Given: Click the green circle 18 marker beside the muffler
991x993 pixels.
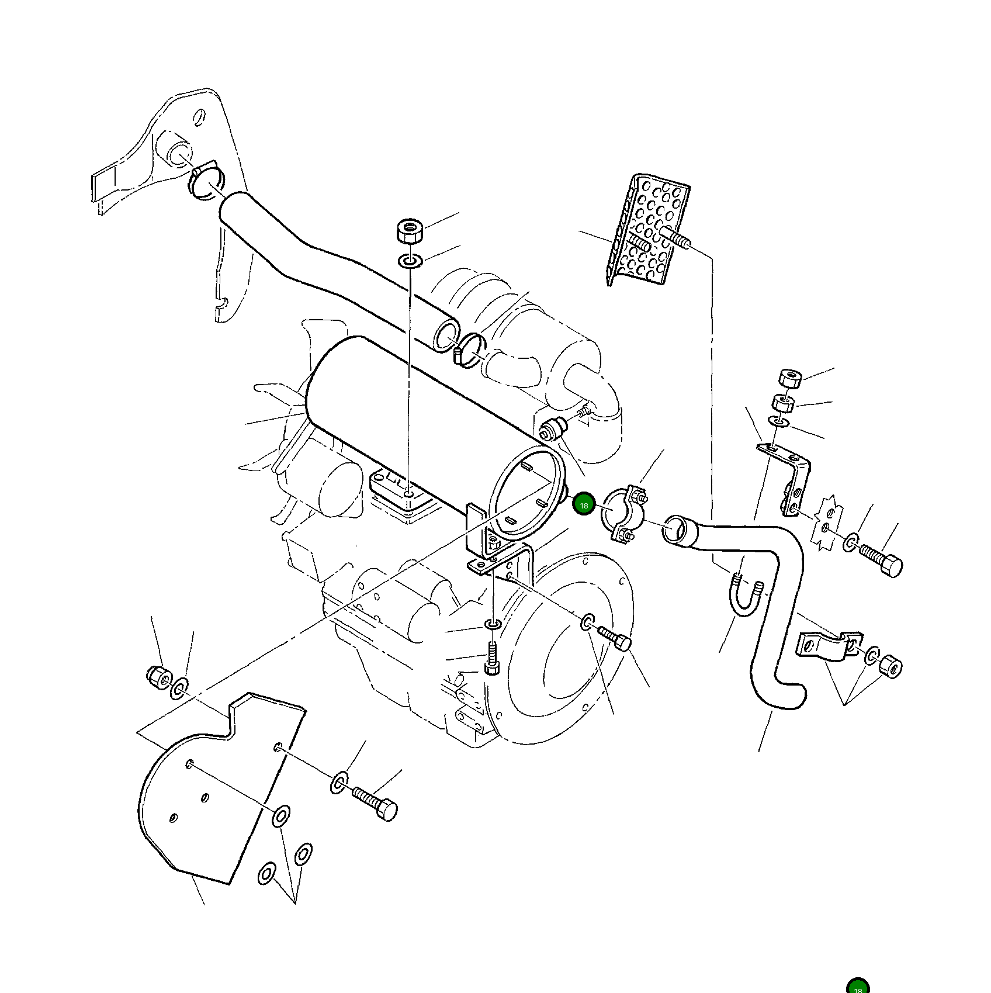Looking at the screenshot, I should pos(583,505).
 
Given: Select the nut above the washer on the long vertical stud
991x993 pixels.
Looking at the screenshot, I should pos(410,231).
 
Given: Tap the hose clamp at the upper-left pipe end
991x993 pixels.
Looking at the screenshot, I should pos(206,179).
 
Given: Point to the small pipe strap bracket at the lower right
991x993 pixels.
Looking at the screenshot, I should pos(827,646).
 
